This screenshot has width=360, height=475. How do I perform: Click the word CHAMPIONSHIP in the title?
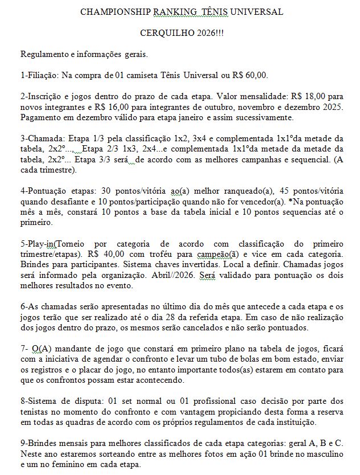(110, 12)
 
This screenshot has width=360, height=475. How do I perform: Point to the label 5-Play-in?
(37, 243)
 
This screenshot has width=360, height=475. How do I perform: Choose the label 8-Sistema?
(40, 402)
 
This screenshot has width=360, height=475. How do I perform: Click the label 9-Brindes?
(40, 444)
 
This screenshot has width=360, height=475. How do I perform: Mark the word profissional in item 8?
(202, 402)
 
